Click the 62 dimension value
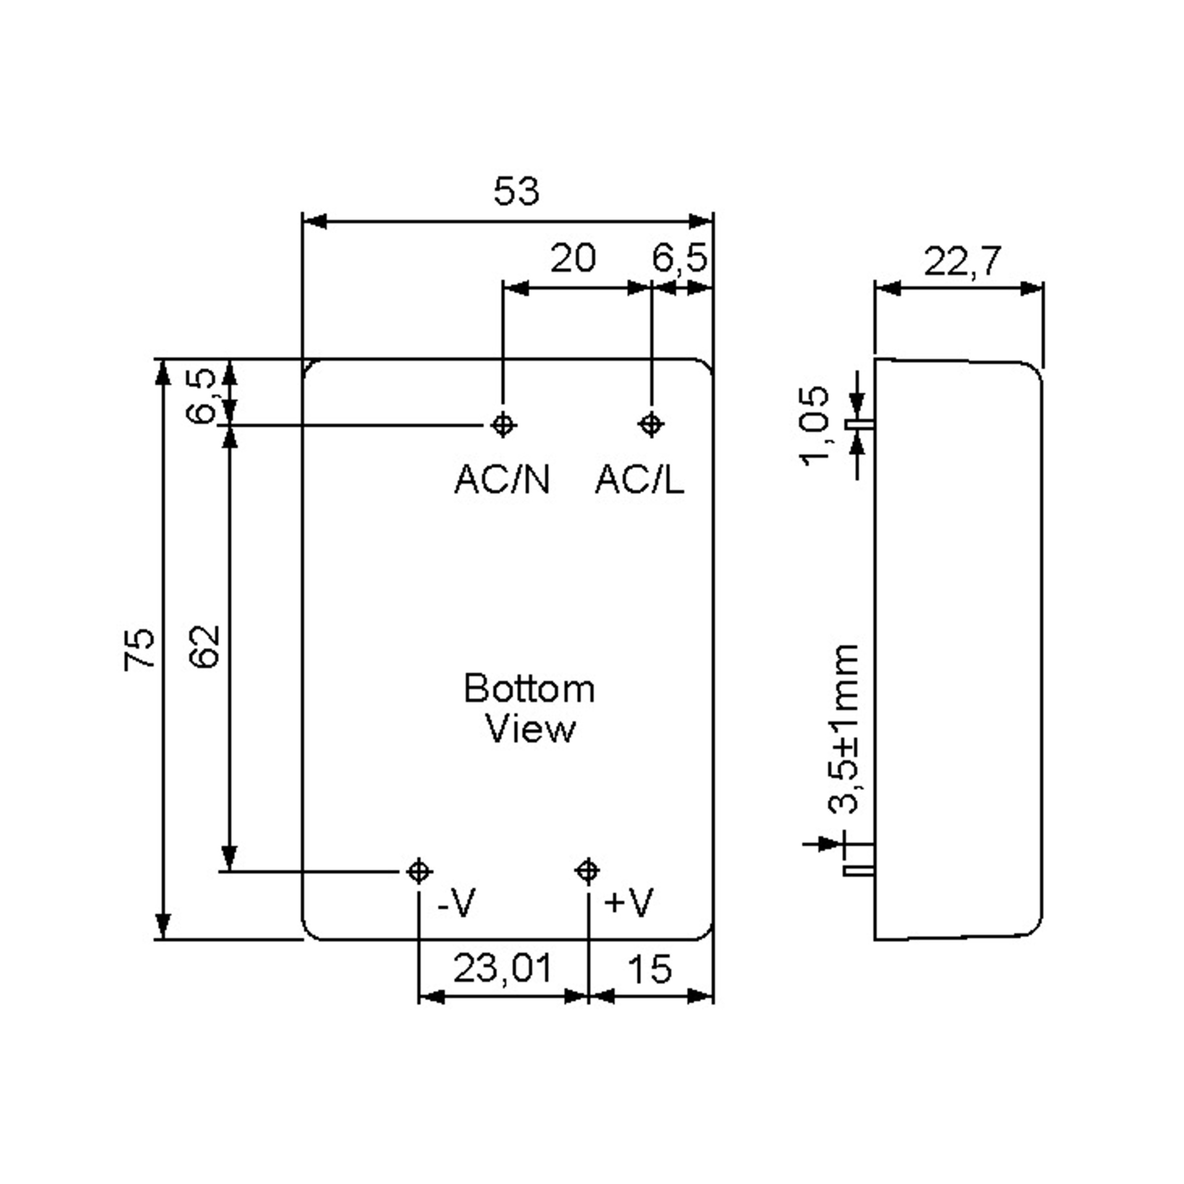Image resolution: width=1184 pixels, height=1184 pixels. click(204, 647)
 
